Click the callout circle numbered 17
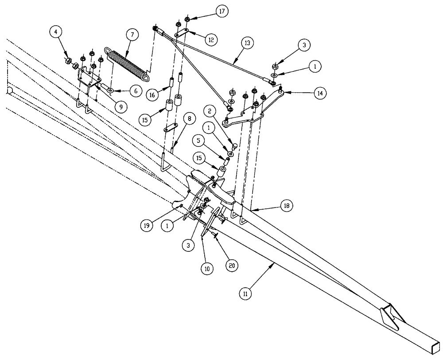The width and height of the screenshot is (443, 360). tap(221, 12)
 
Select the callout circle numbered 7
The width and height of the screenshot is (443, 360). tap(130, 35)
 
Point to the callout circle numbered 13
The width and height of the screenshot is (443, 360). tap(247, 43)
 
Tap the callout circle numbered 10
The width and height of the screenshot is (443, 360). tap(207, 268)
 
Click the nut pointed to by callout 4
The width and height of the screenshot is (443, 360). tap(69, 60)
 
